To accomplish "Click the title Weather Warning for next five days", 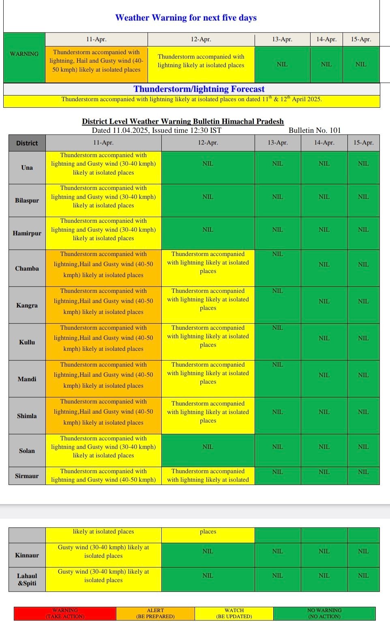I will coord(186,18).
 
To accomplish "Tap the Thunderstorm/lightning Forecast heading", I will coord(199,89).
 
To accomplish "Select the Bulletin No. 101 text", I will coord(315,130).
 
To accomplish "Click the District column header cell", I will coord(27,143).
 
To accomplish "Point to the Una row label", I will coord(27,168).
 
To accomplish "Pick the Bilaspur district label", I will coord(27,201).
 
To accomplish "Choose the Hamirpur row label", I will coord(27,233).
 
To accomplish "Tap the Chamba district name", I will coord(27,268).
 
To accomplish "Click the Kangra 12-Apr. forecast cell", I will coord(208,300).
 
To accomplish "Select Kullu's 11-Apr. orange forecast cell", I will coord(103,338).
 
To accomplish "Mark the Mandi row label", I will coord(27,379).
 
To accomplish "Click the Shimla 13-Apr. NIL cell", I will coord(277,412).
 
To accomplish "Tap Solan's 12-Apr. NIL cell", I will coord(208,447).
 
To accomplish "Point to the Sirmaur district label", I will coord(27,476).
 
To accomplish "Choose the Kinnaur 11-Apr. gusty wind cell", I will coord(103,551).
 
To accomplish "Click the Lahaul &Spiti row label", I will coord(27,579).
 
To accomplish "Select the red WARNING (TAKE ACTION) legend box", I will coord(65,613).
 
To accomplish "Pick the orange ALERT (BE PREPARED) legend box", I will coord(155,613).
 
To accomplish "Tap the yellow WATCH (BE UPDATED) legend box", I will coord(234,613).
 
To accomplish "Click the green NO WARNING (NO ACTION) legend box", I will coord(324,613).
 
